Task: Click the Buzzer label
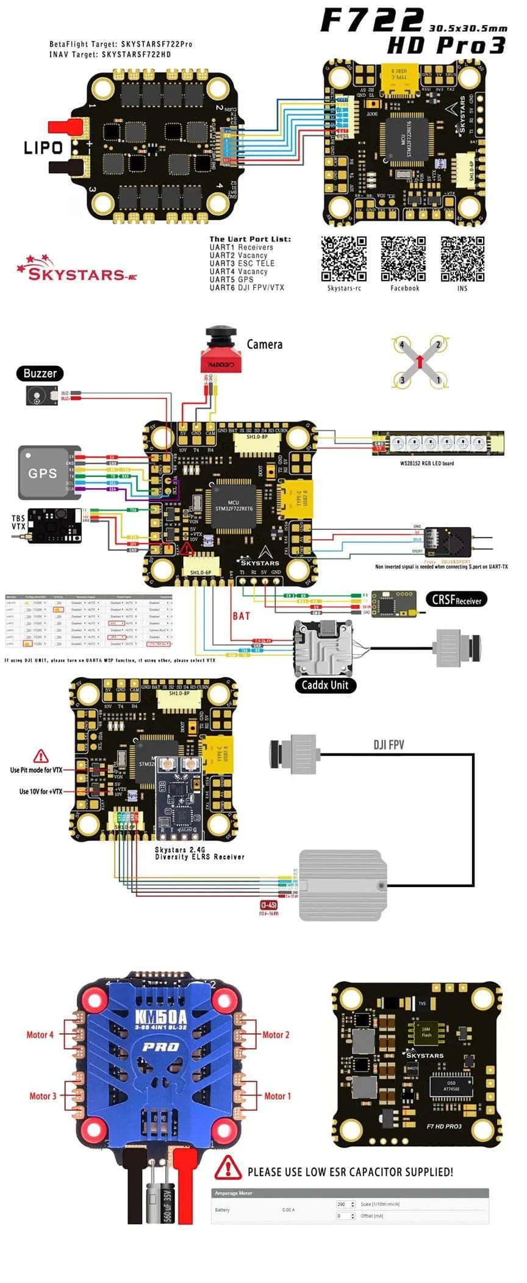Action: (40, 373)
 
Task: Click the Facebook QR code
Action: (403, 259)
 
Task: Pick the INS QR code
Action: (462, 259)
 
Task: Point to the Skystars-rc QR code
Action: (344, 259)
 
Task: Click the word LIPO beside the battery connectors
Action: (43, 148)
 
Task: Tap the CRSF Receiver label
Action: (456, 600)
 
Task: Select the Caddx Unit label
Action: (324, 685)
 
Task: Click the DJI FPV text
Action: (389, 745)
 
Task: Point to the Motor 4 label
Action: (40, 1035)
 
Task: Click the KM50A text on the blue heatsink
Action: (161, 1018)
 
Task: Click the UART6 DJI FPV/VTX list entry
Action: (246, 287)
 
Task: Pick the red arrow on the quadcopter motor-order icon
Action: (420, 362)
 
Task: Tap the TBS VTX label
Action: (18, 522)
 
